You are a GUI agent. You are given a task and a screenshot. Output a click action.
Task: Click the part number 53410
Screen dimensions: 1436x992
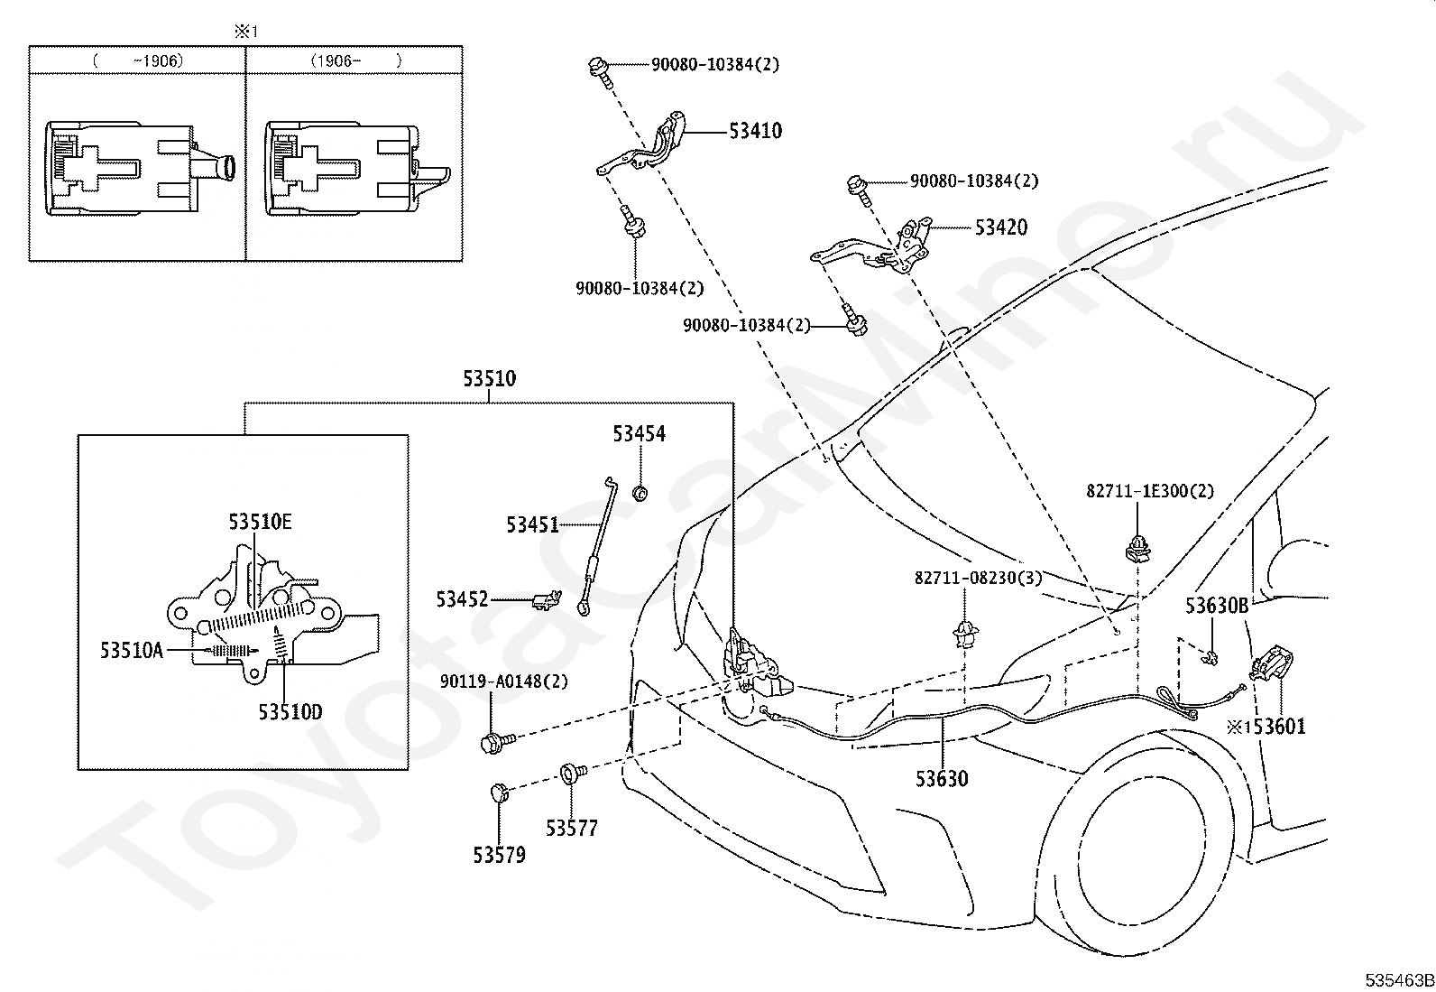point(755,131)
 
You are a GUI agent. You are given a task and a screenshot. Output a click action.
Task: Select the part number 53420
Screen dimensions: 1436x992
point(1000,227)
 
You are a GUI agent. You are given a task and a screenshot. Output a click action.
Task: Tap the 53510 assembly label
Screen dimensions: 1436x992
point(489,378)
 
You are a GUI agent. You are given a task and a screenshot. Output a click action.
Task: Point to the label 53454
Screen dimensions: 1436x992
point(640,434)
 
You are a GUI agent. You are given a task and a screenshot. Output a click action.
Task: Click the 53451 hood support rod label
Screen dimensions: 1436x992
point(533,524)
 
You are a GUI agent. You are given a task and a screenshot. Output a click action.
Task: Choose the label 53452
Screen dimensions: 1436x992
point(462,599)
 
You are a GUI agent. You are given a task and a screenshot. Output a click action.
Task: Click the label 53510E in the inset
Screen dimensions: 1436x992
point(261,522)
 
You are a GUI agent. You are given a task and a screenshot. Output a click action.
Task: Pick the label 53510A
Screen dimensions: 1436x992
point(132,651)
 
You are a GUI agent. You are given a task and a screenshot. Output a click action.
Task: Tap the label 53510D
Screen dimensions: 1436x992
point(290,711)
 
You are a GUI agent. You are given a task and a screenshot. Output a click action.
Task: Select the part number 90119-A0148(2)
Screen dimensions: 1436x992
point(504,681)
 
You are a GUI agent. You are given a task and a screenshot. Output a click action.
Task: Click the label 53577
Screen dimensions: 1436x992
point(572,829)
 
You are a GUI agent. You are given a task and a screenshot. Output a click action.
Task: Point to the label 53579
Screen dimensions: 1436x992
point(500,856)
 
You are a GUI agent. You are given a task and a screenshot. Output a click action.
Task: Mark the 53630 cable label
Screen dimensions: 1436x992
point(942,779)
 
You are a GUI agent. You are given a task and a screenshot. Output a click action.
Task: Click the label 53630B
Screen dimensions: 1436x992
point(1217,606)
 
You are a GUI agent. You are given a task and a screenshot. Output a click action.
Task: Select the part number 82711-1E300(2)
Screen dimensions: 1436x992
point(1150,491)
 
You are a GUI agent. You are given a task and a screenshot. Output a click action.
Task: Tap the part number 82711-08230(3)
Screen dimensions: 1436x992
point(979,578)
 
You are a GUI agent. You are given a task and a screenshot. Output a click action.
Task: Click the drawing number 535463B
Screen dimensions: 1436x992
point(1399,981)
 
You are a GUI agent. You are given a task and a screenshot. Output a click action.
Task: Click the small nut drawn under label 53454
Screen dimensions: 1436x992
point(640,493)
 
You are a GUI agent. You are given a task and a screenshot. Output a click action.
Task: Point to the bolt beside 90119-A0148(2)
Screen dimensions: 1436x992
point(497,742)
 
